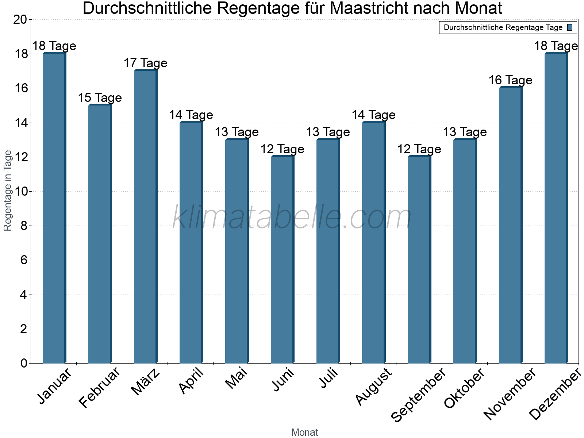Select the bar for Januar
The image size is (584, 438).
(54, 208)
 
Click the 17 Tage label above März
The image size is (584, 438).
(145, 63)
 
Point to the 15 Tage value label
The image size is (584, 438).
(100, 98)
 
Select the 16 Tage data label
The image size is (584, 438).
(510, 80)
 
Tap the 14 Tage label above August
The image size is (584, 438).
(373, 115)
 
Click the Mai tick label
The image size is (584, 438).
(237, 379)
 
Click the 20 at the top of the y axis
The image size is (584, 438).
(20, 20)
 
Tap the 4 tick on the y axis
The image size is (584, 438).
(24, 295)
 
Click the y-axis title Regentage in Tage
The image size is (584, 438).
(8, 191)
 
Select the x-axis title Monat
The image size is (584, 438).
(305, 433)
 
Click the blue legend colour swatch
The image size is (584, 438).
(570, 27)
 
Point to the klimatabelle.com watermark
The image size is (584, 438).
(292, 217)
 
